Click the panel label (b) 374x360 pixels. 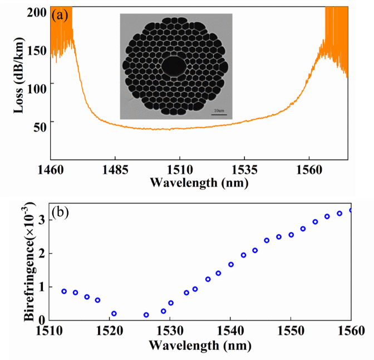click(x=60, y=212)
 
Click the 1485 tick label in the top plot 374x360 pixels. click(x=115, y=167)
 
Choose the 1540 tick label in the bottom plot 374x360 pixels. click(x=230, y=330)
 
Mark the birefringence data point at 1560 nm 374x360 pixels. click(x=351, y=210)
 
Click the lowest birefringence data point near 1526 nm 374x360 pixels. click(x=146, y=315)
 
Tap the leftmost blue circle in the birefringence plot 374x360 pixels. click(x=64, y=291)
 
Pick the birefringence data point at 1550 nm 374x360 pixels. click(x=291, y=235)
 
